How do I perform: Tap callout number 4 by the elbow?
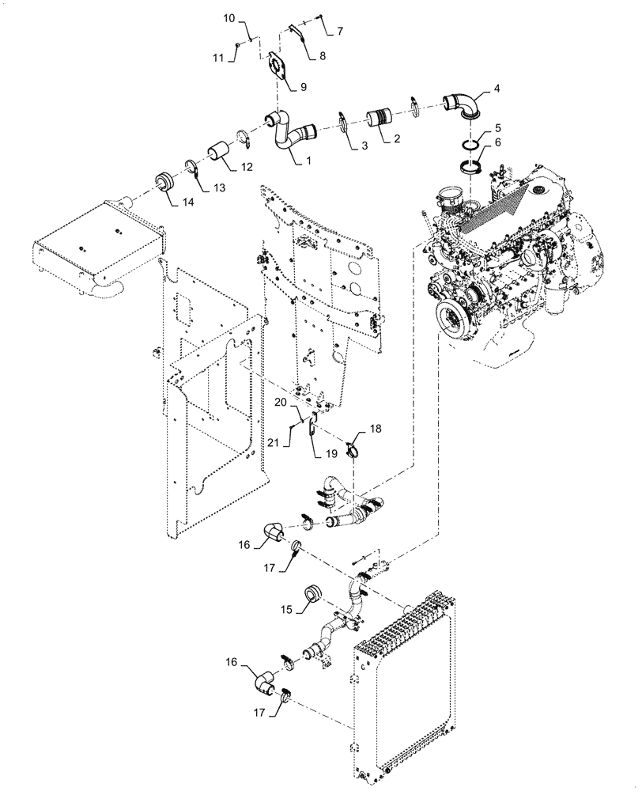coord(497,89)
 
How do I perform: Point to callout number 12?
coord(247,168)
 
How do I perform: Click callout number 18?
coord(376,428)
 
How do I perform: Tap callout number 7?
coord(340,31)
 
